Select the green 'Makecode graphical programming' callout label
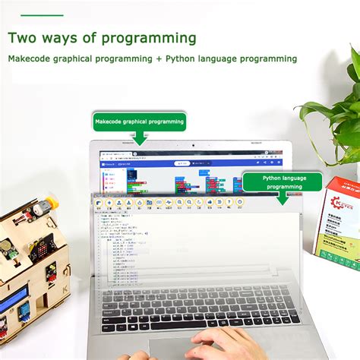click(139, 121)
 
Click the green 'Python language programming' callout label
click(283, 182)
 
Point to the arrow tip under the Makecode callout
click(139, 142)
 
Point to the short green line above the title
click(36, 14)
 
